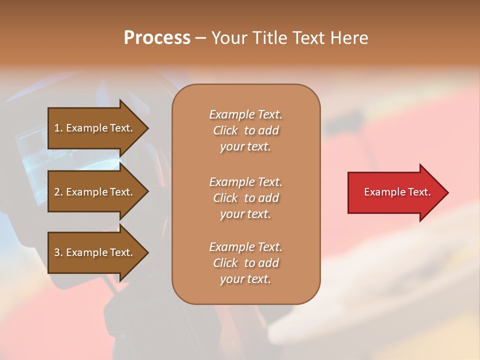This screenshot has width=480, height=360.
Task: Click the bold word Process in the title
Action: point(157,38)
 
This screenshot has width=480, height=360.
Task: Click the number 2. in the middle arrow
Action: point(58,192)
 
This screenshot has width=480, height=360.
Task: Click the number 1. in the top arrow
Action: point(58,128)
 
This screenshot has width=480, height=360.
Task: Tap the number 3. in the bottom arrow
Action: point(58,252)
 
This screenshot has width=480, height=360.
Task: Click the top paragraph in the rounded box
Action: point(245,130)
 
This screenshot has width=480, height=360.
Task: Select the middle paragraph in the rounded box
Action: point(245,198)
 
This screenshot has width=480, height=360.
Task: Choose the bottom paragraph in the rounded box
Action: point(245,263)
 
